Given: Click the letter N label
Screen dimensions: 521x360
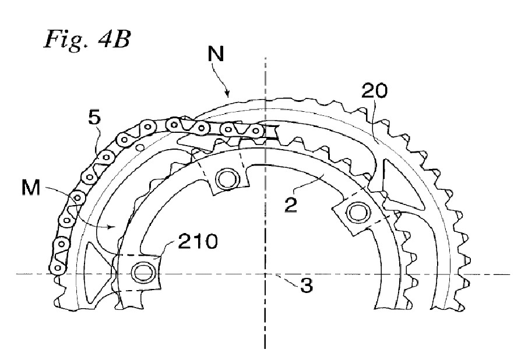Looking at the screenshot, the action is (216, 54).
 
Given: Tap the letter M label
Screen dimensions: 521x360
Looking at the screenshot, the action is (30, 188).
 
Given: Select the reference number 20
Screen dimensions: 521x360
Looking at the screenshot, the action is (374, 90).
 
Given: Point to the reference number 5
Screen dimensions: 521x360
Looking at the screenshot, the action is (94, 117).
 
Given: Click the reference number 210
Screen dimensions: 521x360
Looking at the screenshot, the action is (198, 242).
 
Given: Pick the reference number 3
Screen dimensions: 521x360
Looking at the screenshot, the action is (307, 285).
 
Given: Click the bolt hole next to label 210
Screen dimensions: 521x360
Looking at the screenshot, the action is (143, 272).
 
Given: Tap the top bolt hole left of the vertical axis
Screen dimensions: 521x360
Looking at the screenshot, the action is (228, 179).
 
